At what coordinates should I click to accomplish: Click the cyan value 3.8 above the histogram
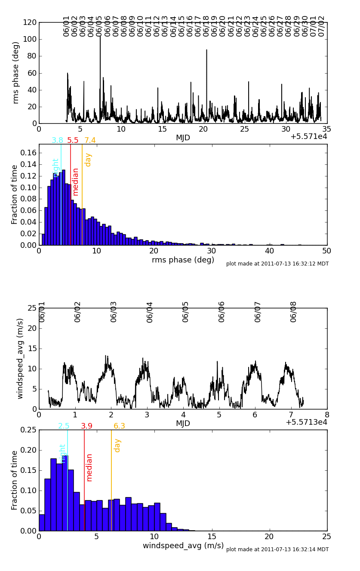(57, 140)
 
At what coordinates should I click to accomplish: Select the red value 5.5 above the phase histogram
(73, 140)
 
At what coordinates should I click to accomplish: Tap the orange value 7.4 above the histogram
(90, 140)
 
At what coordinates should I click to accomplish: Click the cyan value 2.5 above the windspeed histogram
(64, 426)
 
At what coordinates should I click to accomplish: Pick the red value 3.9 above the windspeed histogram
(86, 426)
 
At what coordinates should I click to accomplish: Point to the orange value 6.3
(119, 426)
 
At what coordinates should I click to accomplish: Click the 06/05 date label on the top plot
(99, 26)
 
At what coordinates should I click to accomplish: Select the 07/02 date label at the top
(322, 26)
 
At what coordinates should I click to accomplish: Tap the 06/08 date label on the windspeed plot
(294, 312)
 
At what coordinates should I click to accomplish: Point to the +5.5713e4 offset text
(306, 422)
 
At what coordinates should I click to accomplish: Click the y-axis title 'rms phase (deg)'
(16, 72)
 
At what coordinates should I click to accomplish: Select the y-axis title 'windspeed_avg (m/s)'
(20, 358)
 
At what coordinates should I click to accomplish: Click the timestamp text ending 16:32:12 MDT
(277, 264)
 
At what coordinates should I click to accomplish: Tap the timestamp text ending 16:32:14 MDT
(277, 549)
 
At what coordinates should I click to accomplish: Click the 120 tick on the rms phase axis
(30, 22)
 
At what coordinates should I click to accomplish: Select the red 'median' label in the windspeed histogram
(89, 467)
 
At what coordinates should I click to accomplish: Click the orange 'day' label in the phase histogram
(88, 160)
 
